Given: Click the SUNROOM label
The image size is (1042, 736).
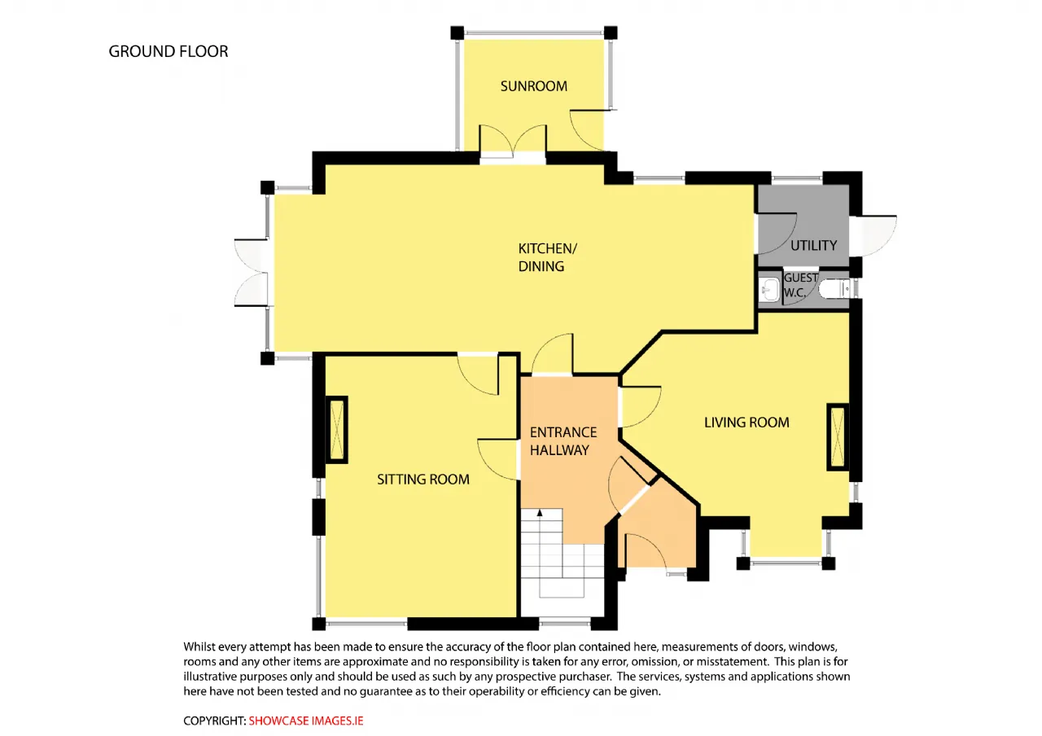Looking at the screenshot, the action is click(x=533, y=86).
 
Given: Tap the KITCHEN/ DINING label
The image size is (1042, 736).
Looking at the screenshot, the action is click(x=548, y=257).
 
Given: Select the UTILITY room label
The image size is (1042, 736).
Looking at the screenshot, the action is click(x=813, y=245).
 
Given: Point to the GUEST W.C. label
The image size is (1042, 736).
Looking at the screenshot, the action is click(x=800, y=285).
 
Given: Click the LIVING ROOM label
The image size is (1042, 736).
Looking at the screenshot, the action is click(x=746, y=423).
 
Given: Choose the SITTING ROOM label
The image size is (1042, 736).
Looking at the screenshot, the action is click(x=423, y=480).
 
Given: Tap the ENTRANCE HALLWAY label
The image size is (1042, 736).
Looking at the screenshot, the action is click(x=563, y=441).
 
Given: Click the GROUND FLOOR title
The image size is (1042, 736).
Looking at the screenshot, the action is click(x=169, y=51).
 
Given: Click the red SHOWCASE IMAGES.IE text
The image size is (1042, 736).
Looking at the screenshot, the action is click(x=305, y=721).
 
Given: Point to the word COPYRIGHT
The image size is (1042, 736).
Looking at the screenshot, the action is click(x=214, y=721).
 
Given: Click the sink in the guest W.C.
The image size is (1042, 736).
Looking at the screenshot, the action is click(x=768, y=288).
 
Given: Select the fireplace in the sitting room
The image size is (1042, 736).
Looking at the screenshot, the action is click(x=336, y=429).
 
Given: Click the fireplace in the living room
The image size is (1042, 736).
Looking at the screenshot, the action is click(x=838, y=437).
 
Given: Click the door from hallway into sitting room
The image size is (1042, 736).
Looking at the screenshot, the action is click(x=497, y=459).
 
